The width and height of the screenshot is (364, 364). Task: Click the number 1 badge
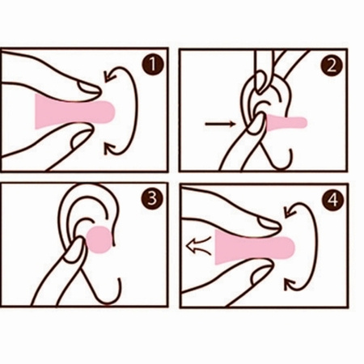coord(153,65)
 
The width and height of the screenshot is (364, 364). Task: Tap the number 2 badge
coord(332,66)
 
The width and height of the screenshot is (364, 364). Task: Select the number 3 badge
coord(152,198)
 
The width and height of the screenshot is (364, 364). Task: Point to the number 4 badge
coord(333,200)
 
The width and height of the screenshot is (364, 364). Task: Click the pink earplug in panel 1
coord(75,112)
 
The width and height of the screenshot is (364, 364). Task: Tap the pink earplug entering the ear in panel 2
coord(286,121)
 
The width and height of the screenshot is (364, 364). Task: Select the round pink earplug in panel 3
coord(99,239)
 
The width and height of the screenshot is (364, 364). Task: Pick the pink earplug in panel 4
coord(255,247)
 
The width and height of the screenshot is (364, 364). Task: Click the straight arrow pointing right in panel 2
coord(220,124)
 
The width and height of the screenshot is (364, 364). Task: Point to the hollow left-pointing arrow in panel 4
coord(199,246)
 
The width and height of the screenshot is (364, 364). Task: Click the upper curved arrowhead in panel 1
coord(110,75)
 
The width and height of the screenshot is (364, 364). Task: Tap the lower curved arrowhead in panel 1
coord(110,149)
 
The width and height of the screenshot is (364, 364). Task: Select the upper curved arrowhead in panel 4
coord(290,211)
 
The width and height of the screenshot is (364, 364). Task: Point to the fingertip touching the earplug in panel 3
coord(77,248)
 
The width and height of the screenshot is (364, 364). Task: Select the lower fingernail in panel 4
coord(261,273)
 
